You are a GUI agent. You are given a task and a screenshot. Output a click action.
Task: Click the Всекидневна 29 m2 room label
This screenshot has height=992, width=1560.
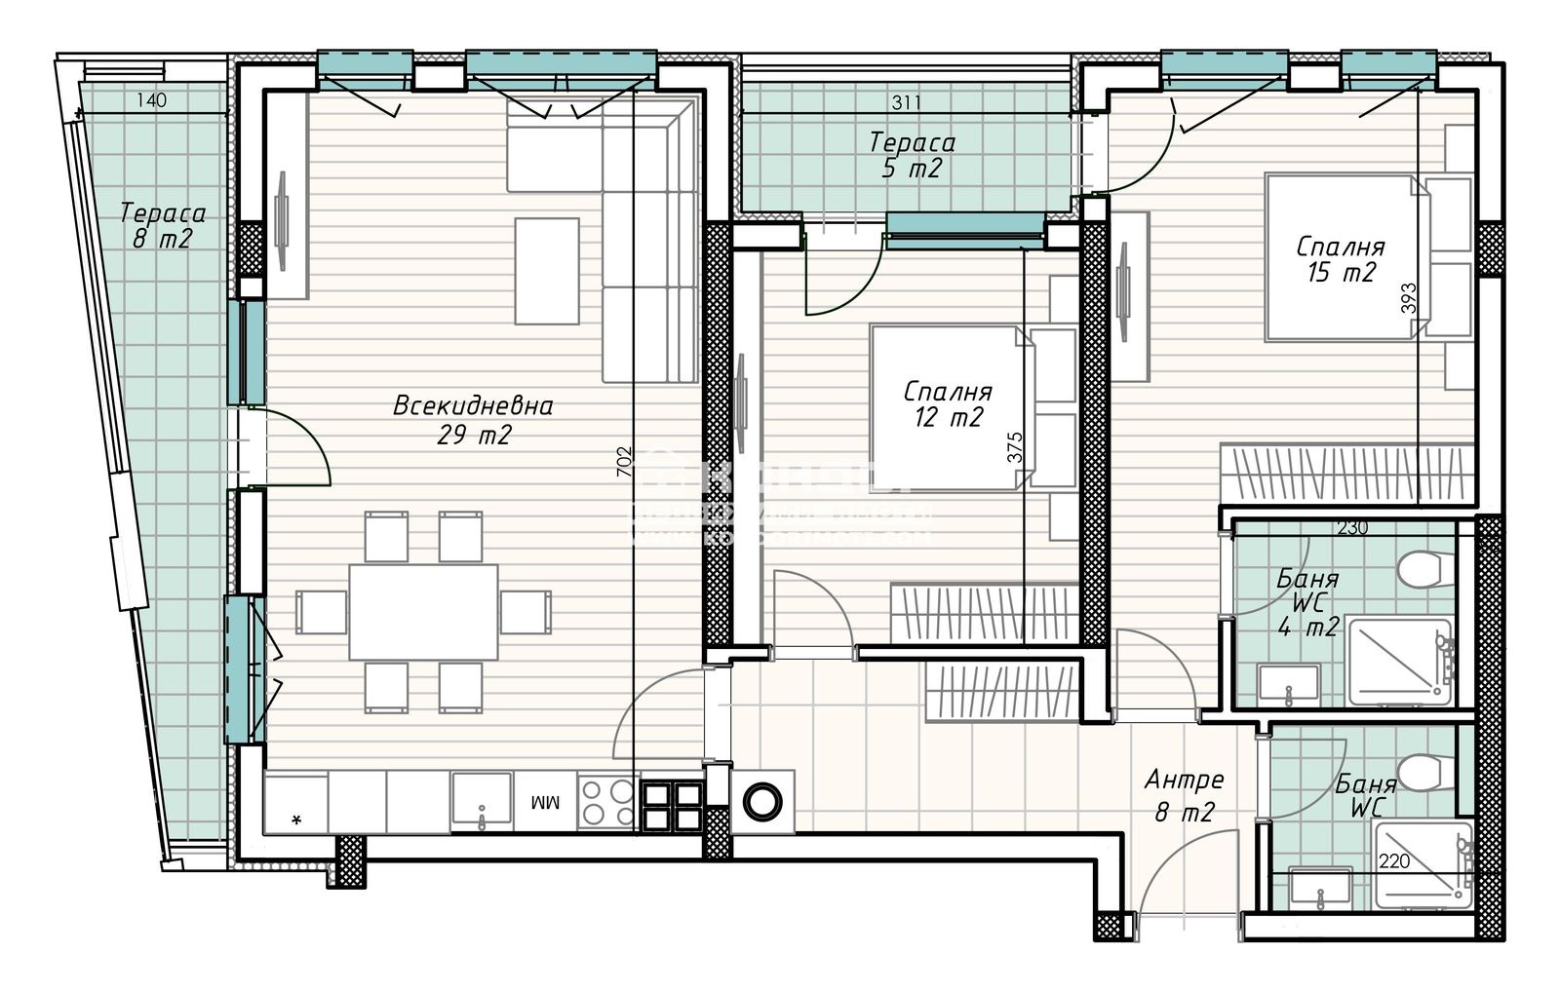[x=473, y=420]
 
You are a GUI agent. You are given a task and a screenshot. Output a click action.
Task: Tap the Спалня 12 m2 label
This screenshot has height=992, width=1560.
[x=948, y=405]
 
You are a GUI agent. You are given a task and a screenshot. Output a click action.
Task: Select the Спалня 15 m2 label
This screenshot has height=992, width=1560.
[x=1341, y=260]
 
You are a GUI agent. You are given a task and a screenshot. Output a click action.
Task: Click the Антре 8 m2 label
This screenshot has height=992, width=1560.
[x=1184, y=796]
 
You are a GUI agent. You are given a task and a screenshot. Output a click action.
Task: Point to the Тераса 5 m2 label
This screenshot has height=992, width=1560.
[x=912, y=155]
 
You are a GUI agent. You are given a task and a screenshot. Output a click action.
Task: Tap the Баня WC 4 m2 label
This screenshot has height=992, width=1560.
[x=1307, y=602]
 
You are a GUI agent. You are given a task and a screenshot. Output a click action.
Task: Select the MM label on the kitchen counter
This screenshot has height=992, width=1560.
[x=544, y=803]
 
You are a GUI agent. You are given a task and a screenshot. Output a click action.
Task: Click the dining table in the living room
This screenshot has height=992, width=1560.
[x=423, y=611]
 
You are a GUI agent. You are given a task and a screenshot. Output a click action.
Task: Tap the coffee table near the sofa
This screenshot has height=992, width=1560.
[x=547, y=270]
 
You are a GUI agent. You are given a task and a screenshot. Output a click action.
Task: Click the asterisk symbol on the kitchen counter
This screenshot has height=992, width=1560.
[x=296, y=820]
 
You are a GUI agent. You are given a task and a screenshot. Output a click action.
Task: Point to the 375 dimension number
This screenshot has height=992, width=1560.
[x=1016, y=447]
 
